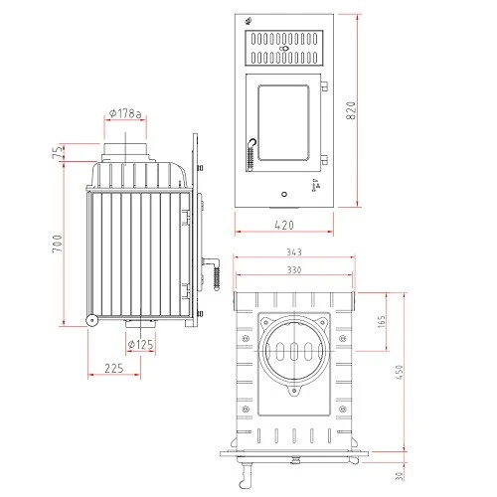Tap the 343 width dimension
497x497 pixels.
[x=292, y=253]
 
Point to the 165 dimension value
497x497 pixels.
[x=383, y=324]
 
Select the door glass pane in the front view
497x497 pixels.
[x=283, y=123]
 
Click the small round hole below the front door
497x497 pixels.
[x=284, y=192]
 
